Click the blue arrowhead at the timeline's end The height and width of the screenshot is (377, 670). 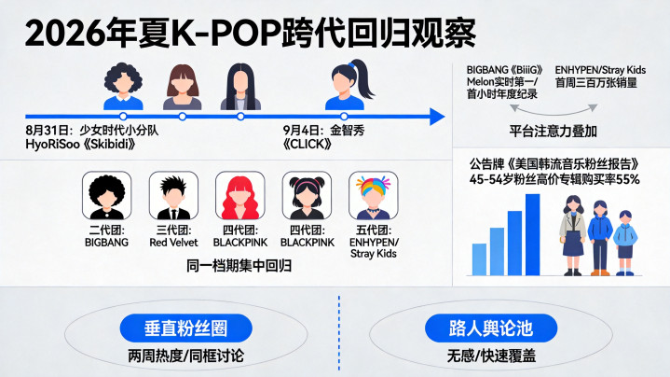[x=437, y=117]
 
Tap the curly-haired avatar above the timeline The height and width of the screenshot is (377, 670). [x=123, y=87]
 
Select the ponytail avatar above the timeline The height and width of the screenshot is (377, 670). [x=349, y=85]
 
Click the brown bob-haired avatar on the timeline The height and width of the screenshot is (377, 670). [x=183, y=87]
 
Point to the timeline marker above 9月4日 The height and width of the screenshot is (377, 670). [x=344, y=117]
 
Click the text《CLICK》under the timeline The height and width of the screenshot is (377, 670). [x=308, y=145]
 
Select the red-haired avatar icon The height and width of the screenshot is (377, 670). [x=240, y=196]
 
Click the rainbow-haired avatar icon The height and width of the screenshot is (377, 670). [x=374, y=196]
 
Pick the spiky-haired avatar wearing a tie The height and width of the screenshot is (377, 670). [x=173, y=196]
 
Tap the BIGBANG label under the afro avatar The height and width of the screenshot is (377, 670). [x=106, y=243]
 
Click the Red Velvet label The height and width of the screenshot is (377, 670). [x=173, y=243]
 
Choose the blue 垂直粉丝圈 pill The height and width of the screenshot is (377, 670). [x=185, y=328]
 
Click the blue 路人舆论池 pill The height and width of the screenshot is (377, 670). [x=491, y=328]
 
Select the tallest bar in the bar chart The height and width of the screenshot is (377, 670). [x=532, y=234]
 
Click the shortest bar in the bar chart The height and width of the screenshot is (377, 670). [x=479, y=259]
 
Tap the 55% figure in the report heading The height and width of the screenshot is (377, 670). [x=628, y=180]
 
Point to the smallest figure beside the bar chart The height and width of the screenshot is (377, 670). [x=625, y=243]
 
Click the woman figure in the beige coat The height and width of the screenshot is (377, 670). [x=573, y=235]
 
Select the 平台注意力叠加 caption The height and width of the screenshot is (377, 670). [x=553, y=131]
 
